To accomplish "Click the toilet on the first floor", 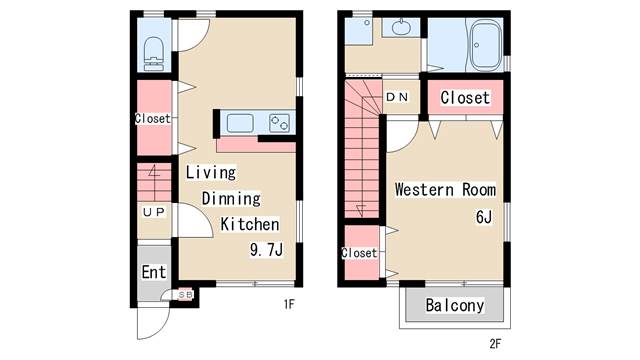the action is tap(154, 54).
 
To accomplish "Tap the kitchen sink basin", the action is tap(240, 123).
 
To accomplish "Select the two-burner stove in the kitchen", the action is tap(280, 123).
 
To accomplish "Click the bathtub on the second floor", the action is tap(486, 46).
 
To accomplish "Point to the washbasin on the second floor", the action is tap(401, 27).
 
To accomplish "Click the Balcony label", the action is tap(455, 305).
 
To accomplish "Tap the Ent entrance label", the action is tap(154, 272).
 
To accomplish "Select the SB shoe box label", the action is tap(186, 294).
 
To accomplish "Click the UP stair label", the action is tap(154, 212).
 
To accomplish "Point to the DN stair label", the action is tap(397, 97).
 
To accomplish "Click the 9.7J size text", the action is tap(266, 249).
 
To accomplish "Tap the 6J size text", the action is tap(484, 217).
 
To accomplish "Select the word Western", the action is tap(424, 190).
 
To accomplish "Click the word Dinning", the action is tap(231, 199).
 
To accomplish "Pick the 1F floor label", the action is tap(289, 304).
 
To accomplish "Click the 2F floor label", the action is tap(495, 344).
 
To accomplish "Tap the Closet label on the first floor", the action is tap(153, 118).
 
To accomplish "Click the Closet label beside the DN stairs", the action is tap(465, 98).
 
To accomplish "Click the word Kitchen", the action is tap(250, 224).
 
